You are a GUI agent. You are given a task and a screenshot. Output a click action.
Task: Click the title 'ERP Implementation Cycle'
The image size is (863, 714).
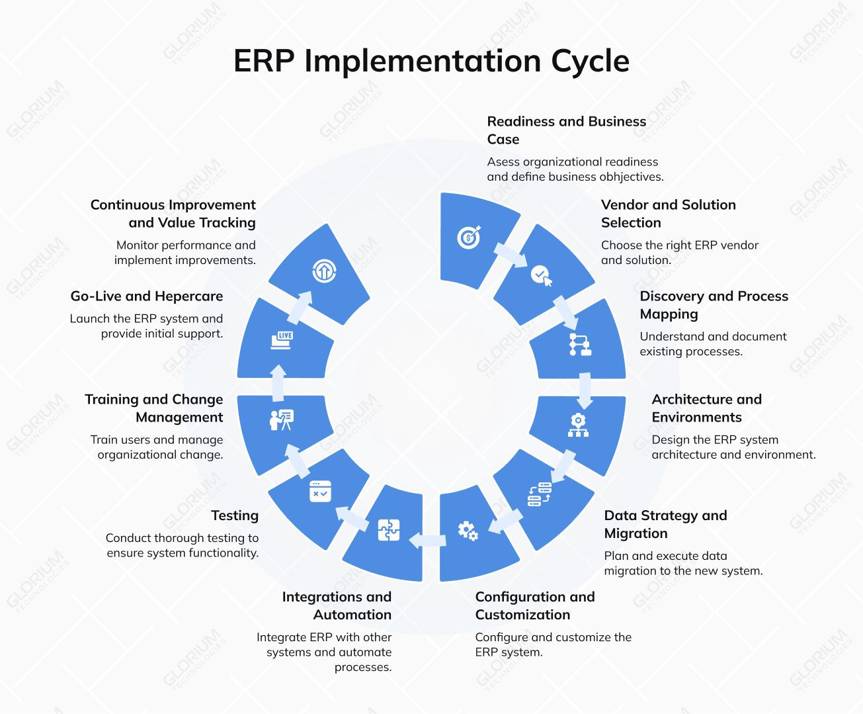[431, 61]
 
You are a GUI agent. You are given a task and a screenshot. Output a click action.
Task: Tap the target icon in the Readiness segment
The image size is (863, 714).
[469, 237]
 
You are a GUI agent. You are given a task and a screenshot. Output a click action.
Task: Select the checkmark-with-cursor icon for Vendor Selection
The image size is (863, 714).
[542, 275]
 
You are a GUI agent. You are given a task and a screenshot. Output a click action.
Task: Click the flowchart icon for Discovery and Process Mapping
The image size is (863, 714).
[580, 345]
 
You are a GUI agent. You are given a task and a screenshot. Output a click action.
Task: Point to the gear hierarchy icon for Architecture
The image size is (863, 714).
[578, 425]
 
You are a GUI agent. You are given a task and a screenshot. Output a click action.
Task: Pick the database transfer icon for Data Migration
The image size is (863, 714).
[540, 494]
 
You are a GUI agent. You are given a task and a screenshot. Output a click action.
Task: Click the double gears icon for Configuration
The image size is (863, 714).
[468, 531]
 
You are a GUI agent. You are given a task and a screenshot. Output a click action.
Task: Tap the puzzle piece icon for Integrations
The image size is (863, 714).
[389, 530]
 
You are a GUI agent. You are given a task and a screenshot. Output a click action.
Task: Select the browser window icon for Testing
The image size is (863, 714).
[321, 491]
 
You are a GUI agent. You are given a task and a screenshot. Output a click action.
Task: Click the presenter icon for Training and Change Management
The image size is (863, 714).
[282, 420]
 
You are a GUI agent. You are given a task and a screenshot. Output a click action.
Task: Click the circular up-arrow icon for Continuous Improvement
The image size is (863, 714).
[324, 270]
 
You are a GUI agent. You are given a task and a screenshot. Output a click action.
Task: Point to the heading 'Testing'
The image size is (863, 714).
[235, 515]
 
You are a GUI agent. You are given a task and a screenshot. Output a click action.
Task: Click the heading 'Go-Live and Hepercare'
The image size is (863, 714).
[147, 296]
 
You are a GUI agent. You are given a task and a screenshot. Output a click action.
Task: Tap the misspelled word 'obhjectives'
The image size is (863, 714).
[631, 177]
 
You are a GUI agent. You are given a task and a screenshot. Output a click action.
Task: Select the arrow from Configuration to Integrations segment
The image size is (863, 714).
[427, 540]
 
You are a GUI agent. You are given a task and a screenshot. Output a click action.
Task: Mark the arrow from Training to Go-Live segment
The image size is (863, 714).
[278, 382]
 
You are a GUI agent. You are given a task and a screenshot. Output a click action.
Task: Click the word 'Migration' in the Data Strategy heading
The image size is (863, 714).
[636, 533]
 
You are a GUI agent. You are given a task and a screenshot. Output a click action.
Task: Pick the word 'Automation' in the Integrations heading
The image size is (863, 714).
[352, 615]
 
